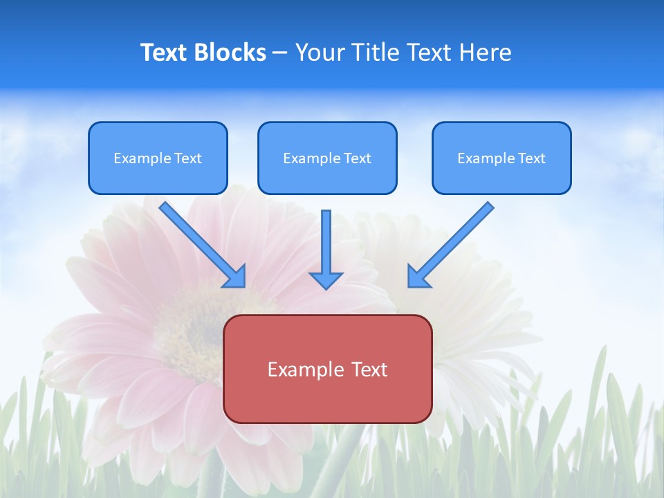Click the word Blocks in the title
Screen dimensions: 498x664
click(x=230, y=53)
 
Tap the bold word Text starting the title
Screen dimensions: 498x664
click(x=166, y=53)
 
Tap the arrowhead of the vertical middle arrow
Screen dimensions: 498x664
click(x=326, y=280)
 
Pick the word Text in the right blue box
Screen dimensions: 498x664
click(x=532, y=158)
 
